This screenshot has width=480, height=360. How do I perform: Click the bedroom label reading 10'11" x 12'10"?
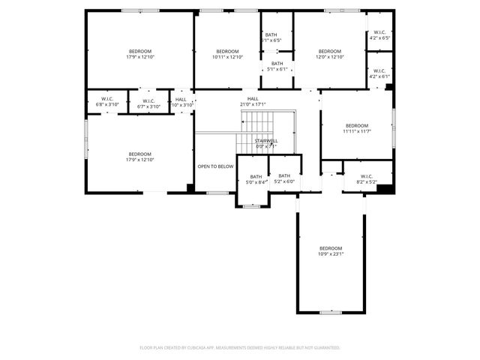(x=227, y=54)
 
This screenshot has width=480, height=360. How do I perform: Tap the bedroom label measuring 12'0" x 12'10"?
(x=329, y=54)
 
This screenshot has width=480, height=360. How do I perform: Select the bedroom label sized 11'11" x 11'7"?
(x=357, y=128)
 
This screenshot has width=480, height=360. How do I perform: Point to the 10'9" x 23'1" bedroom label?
(x=330, y=251)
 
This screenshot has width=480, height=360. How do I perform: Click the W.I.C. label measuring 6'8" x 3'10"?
(x=107, y=103)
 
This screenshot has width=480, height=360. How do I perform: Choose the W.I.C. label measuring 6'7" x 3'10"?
(x=148, y=103)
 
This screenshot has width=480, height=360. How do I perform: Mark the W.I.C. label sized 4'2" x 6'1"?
(x=379, y=73)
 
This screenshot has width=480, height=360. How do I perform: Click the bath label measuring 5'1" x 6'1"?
(x=277, y=67)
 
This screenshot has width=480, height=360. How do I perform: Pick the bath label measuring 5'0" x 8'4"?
(x=256, y=179)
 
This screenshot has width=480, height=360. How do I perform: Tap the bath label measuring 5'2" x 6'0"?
(x=284, y=179)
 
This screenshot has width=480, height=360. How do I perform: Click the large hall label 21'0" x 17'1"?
(x=253, y=101)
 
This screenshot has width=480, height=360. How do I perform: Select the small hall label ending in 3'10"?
(x=181, y=103)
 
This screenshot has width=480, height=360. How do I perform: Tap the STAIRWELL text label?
(x=266, y=143)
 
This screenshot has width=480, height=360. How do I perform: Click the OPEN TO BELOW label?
(x=215, y=166)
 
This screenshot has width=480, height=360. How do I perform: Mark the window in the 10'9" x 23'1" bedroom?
(x=330, y=312)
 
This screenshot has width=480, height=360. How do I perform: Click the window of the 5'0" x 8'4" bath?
(x=253, y=205)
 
